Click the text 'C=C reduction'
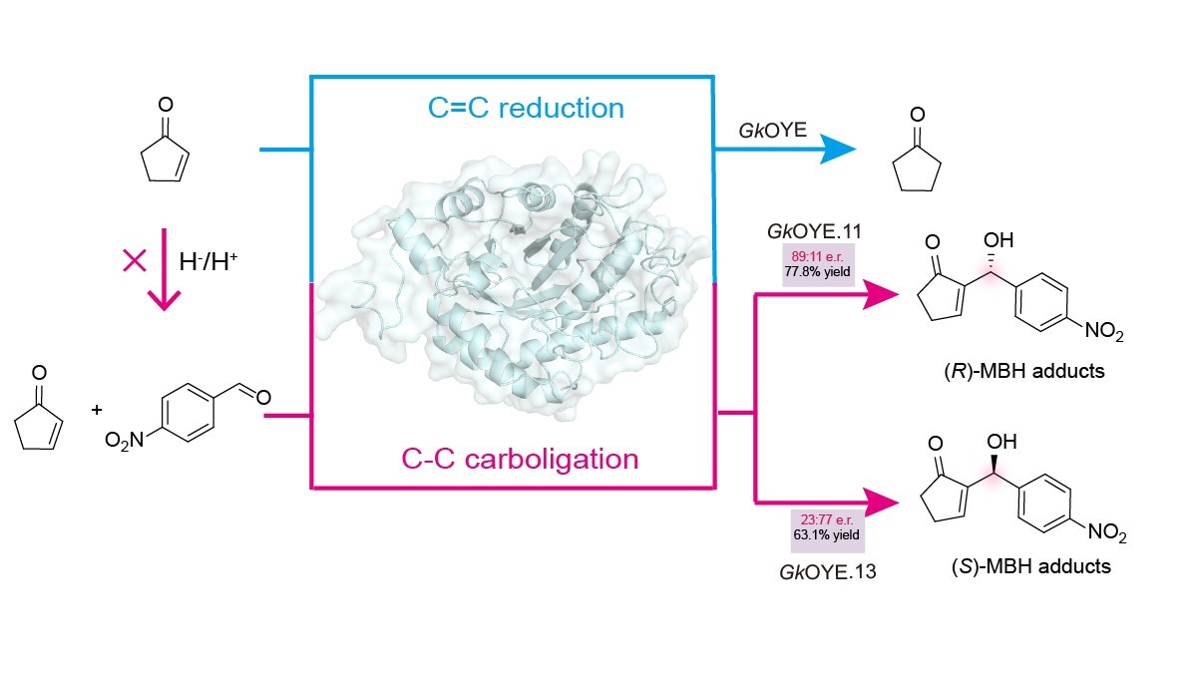coord(526,108)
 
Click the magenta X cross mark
coord(134,261)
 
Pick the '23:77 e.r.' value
coord(822,519)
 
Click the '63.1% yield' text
coord(822,533)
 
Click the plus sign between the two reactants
coord(97,410)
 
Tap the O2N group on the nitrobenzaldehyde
coord(126,438)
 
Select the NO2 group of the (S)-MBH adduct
coord(1107,536)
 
